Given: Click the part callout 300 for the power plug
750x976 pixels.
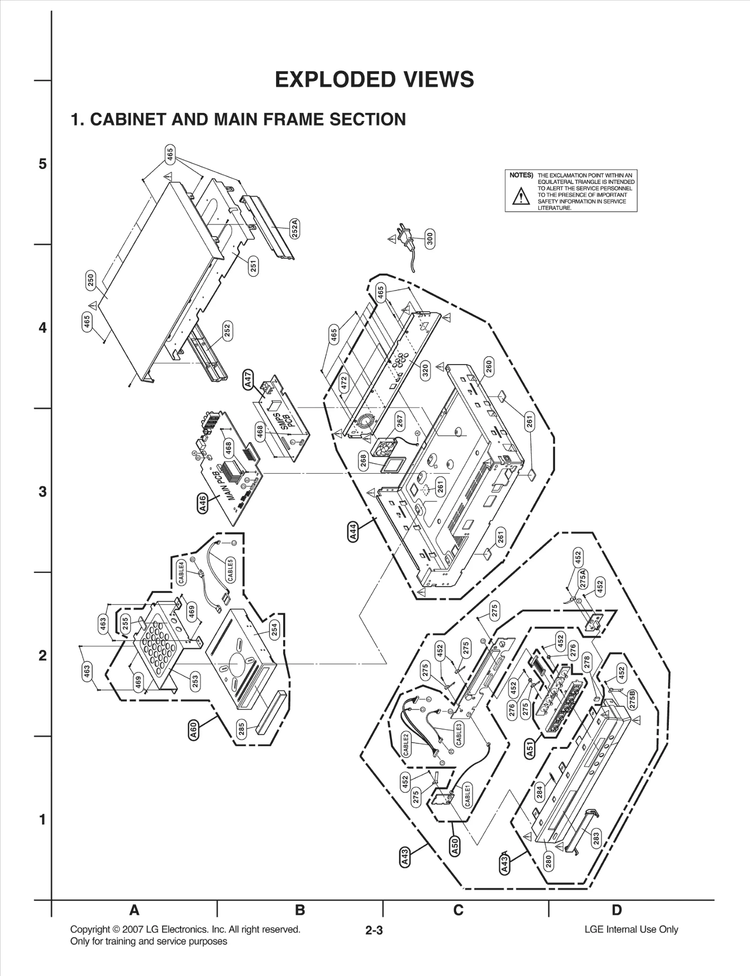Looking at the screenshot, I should pos(430,239).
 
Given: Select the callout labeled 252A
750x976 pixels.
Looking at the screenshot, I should pos(294,229).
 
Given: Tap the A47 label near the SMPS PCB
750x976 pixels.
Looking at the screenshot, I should pos(248,379).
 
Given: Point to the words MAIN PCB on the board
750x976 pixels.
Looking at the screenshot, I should pos(227,487).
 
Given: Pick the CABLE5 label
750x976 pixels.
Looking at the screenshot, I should pos(230,570).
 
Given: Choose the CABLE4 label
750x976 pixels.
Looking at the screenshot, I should pos(181,573).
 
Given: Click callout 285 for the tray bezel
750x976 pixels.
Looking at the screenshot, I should pos(242,730).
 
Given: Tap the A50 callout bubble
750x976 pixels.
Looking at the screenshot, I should pos(455,846).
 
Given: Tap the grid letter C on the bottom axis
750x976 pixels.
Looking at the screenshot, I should pos(458,910).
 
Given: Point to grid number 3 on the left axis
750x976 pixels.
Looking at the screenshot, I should pos(43,492).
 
